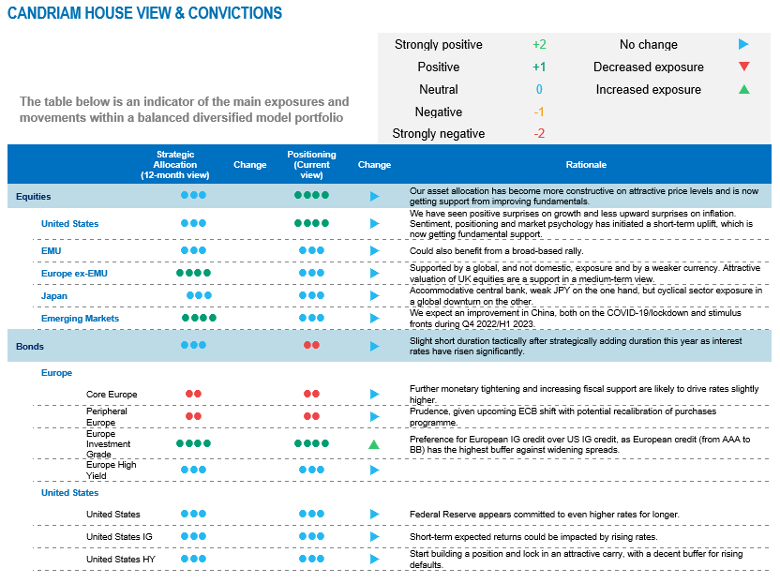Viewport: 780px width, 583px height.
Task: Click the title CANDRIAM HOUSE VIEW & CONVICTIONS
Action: pyautogui.click(x=144, y=13)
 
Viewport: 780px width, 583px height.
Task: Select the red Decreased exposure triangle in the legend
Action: pyautogui.click(x=743, y=67)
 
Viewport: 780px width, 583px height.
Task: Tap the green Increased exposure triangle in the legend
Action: pyautogui.click(x=743, y=89)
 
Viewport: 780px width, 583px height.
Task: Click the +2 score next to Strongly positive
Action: pyautogui.click(x=539, y=44)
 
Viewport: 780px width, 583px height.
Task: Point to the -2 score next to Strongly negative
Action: pyautogui.click(x=539, y=133)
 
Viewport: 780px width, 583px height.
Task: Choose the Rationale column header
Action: pyautogui.click(x=586, y=165)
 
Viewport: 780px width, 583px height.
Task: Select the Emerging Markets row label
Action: pyautogui.click(x=80, y=319)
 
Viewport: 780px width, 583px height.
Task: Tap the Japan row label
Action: pyautogui.click(x=54, y=296)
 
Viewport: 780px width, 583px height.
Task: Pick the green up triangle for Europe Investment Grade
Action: pyautogui.click(x=374, y=443)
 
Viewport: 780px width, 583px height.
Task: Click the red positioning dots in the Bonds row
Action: pyautogui.click(x=311, y=346)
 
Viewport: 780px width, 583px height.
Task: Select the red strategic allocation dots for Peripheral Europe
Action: pyautogui.click(x=193, y=416)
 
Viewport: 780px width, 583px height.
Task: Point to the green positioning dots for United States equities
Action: pyautogui.click(x=311, y=224)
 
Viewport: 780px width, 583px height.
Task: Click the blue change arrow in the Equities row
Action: pyautogui.click(x=374, y=197)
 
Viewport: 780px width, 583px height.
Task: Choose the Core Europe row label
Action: pyautogui.click(x=112, y=395)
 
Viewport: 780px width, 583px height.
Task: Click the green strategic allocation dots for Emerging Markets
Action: pyautogui.click(x=199, y=319)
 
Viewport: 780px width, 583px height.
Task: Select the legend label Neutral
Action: pyautogui.click(x=438, y=89)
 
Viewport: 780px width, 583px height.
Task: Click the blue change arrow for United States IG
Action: pyautogui.click(x=374, y=537)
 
